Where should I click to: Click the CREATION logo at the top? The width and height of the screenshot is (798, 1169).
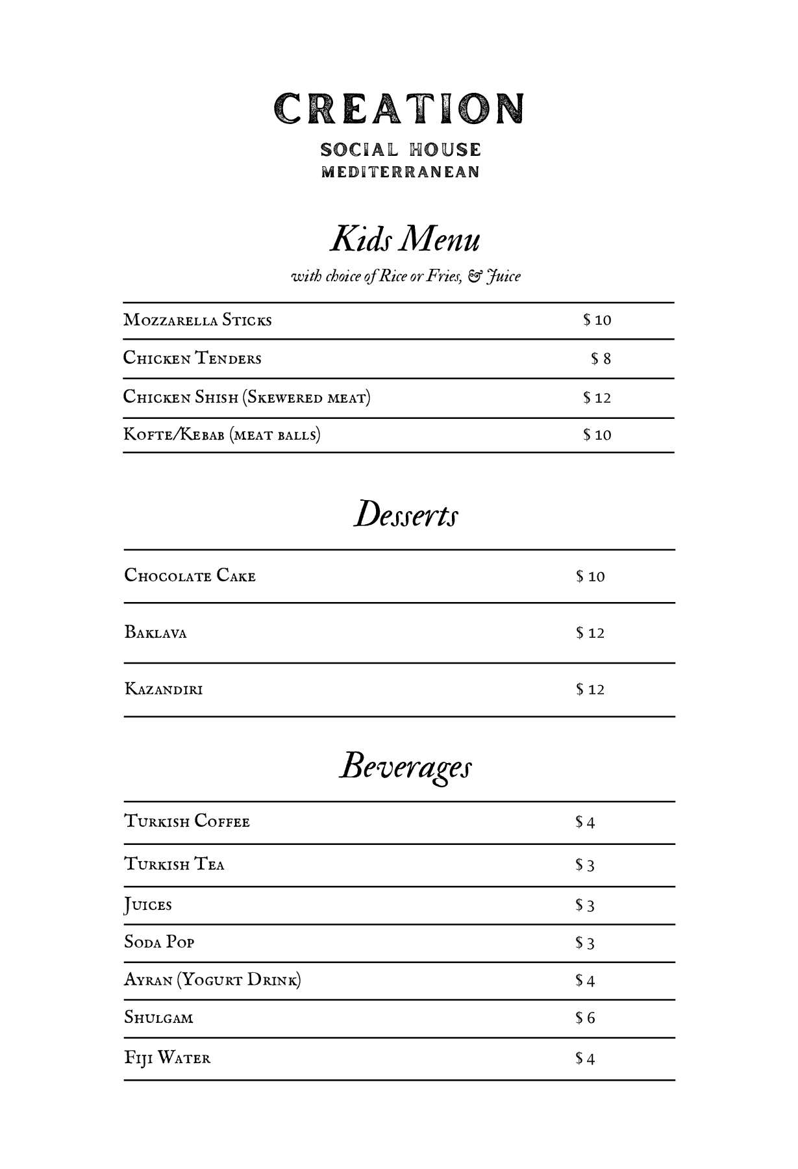point(399,108)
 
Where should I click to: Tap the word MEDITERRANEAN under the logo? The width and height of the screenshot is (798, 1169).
point(401,172)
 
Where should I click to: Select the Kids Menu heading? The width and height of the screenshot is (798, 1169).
point(405,238)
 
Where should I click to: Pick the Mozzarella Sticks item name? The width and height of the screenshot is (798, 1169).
point(197,320)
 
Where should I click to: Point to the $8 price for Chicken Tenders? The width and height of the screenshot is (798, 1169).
point(601,359)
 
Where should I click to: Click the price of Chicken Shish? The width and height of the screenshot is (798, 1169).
point(597,398)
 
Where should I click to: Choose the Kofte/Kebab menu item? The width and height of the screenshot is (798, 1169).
point(222,434)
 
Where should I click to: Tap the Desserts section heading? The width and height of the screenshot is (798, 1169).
point(406,514)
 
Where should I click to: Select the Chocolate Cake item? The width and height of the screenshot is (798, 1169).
point(190,576)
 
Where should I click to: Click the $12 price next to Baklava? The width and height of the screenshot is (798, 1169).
point(590,633)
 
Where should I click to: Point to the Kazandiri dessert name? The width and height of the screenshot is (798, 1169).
point(164,689)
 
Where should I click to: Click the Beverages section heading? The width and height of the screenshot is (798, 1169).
point(406,766)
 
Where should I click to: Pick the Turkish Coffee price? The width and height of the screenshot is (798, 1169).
point(584,823)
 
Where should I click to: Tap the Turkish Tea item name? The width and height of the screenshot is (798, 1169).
point(174,864)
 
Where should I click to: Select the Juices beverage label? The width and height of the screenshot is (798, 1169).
point(148,905)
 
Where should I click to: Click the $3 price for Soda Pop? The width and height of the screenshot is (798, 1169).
point(584,943)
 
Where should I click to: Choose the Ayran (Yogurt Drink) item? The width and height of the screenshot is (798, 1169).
point(212,980)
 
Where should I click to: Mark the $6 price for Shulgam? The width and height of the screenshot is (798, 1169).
point(584,1018)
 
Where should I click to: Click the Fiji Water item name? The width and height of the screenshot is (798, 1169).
point(168,1058)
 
